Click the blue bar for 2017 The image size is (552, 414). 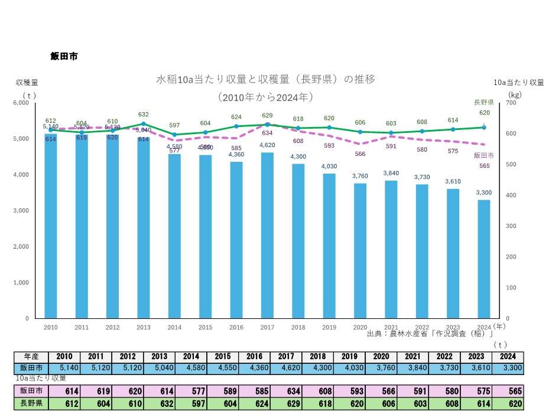coord(267,236)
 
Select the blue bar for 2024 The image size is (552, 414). coord(484,260)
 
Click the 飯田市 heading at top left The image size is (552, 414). coord(64,57)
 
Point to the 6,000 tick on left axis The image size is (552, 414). coord(21,103)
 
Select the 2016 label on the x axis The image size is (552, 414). coord(236,327)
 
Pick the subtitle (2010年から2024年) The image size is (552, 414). coord(265,96)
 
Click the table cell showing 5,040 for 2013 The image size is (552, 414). coord(158,368)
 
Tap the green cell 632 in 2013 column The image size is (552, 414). coord(158,404)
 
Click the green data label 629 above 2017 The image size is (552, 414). coord(267,116)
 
